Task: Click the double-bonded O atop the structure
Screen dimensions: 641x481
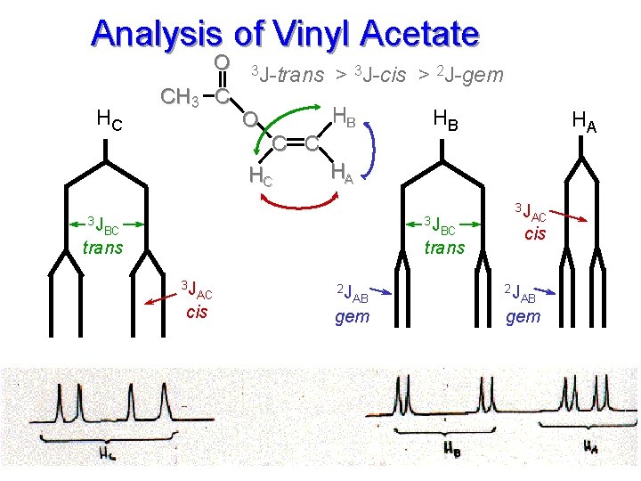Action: pyautogui.click(x=223, y=62)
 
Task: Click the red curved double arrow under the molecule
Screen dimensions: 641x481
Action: pyautogui.click(x=295, y=203)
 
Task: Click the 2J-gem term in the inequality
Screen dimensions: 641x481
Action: pyautogui.click(x=471, y=75)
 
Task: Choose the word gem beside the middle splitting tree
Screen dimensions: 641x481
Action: pyautogui.click(x=352, y=316)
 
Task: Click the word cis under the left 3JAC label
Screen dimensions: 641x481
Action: pyautogui.click(x=196, y=312)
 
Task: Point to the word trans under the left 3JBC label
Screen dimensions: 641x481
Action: pyautogui.click(x=102, y=248)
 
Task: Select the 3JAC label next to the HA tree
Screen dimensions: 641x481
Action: pyautogui.click(x=531, y=213)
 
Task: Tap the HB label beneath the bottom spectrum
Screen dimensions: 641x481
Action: pyautogui.click(x=452, y=447)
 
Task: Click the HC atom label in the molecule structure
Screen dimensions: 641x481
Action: pyautogui.click(x=261, y=176)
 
